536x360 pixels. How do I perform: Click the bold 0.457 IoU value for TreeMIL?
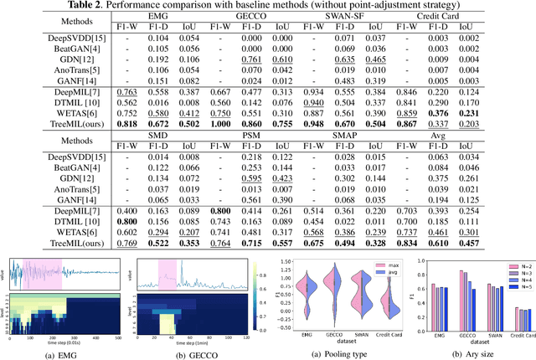pos(502,242)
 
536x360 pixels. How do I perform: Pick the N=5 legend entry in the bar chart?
pos(518,289)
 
